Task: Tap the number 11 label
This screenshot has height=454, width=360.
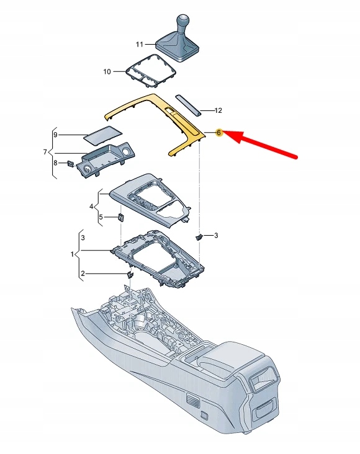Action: tap(140, 45)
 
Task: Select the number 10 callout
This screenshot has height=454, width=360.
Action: tap(107, 72)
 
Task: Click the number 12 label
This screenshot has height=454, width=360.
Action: tap(218, 111)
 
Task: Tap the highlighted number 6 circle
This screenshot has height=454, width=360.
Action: tap(219, 133)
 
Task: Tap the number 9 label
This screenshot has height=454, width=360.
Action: tap(55, 135)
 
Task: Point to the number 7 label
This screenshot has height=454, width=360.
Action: tap(45, 152)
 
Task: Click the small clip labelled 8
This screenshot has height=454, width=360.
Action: tap(71, 163)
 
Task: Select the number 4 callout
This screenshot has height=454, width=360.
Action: tap(91, 206)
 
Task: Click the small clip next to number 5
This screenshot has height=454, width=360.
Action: tap(120, 217)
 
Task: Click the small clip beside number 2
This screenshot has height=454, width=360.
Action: tap(130, 274)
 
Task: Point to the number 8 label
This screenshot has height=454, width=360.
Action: tap(55, 163)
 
